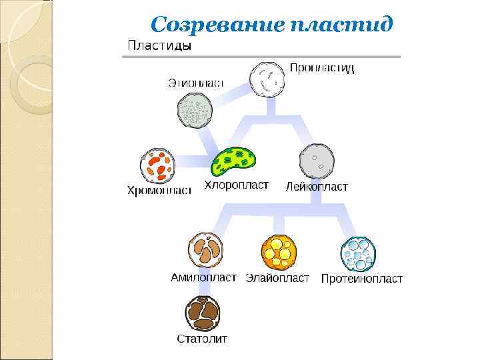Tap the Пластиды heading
(x=159, y=46)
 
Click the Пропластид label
(x=321, y=68)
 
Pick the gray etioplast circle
(x=195, y=110)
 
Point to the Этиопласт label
(x=195, y=83)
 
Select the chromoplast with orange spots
(x=158, y=165)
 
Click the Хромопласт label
(x=159, y=191)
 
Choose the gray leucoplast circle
(x=317, y=161)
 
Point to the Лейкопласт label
(x=317, y=187)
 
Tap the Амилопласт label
(x=203, y=277)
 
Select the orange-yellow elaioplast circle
(x=278, y=252)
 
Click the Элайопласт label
(x=277, y=278)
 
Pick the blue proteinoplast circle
(x=358, y=253)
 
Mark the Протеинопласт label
(x=361, y=279)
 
